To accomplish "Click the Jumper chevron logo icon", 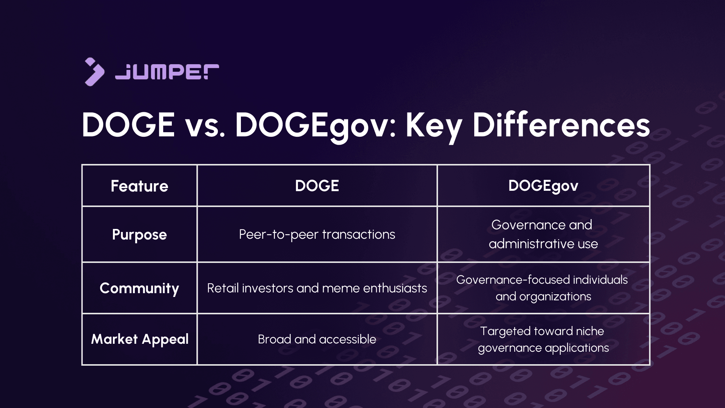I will pos(94,72).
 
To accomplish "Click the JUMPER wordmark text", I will pos(167,72).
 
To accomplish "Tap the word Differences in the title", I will pos(561,125).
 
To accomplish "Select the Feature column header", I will pos(139,186).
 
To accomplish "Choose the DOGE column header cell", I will pos(317,186).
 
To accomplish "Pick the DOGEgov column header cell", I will pos(543,186).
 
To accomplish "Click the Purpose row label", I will pos(139,235).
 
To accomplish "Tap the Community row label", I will pos(139,288).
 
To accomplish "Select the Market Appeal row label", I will pos(139,339).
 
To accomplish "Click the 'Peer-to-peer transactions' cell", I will pos(317,235).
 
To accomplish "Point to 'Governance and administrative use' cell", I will pos(543,234).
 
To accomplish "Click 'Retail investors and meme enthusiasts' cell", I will pos(317,288).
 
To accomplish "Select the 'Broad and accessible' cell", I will pos(317,339).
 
